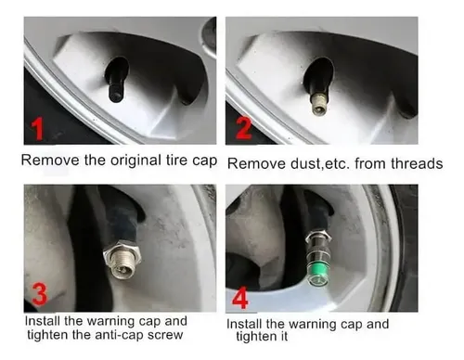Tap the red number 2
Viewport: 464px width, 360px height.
pyautogui.click(x=244, y=128)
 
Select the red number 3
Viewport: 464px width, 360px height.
pyautogui.click(x=40, y=294)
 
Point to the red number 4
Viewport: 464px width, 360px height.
pyautogui.click(x=240, y=298)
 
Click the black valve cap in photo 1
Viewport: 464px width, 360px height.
pyautogui.click(x=116, y=92)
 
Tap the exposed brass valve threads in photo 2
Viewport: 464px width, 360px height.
pyautogui.click(x=318, y=104)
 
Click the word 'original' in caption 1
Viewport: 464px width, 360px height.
pyautogui.click(x=135, y=161)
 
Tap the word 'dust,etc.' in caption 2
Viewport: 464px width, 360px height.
pyautogui.click(x=320, y=163)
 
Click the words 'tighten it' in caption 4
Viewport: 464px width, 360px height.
pyautogui.click(x=262, y=336)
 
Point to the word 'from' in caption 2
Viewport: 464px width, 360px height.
pyautogui.click(x=370, y=163)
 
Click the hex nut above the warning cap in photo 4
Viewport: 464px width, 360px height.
pyautogui.click(x=318, y=237)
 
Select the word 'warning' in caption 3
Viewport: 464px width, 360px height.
pyautogui.click(x=110, y=322)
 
